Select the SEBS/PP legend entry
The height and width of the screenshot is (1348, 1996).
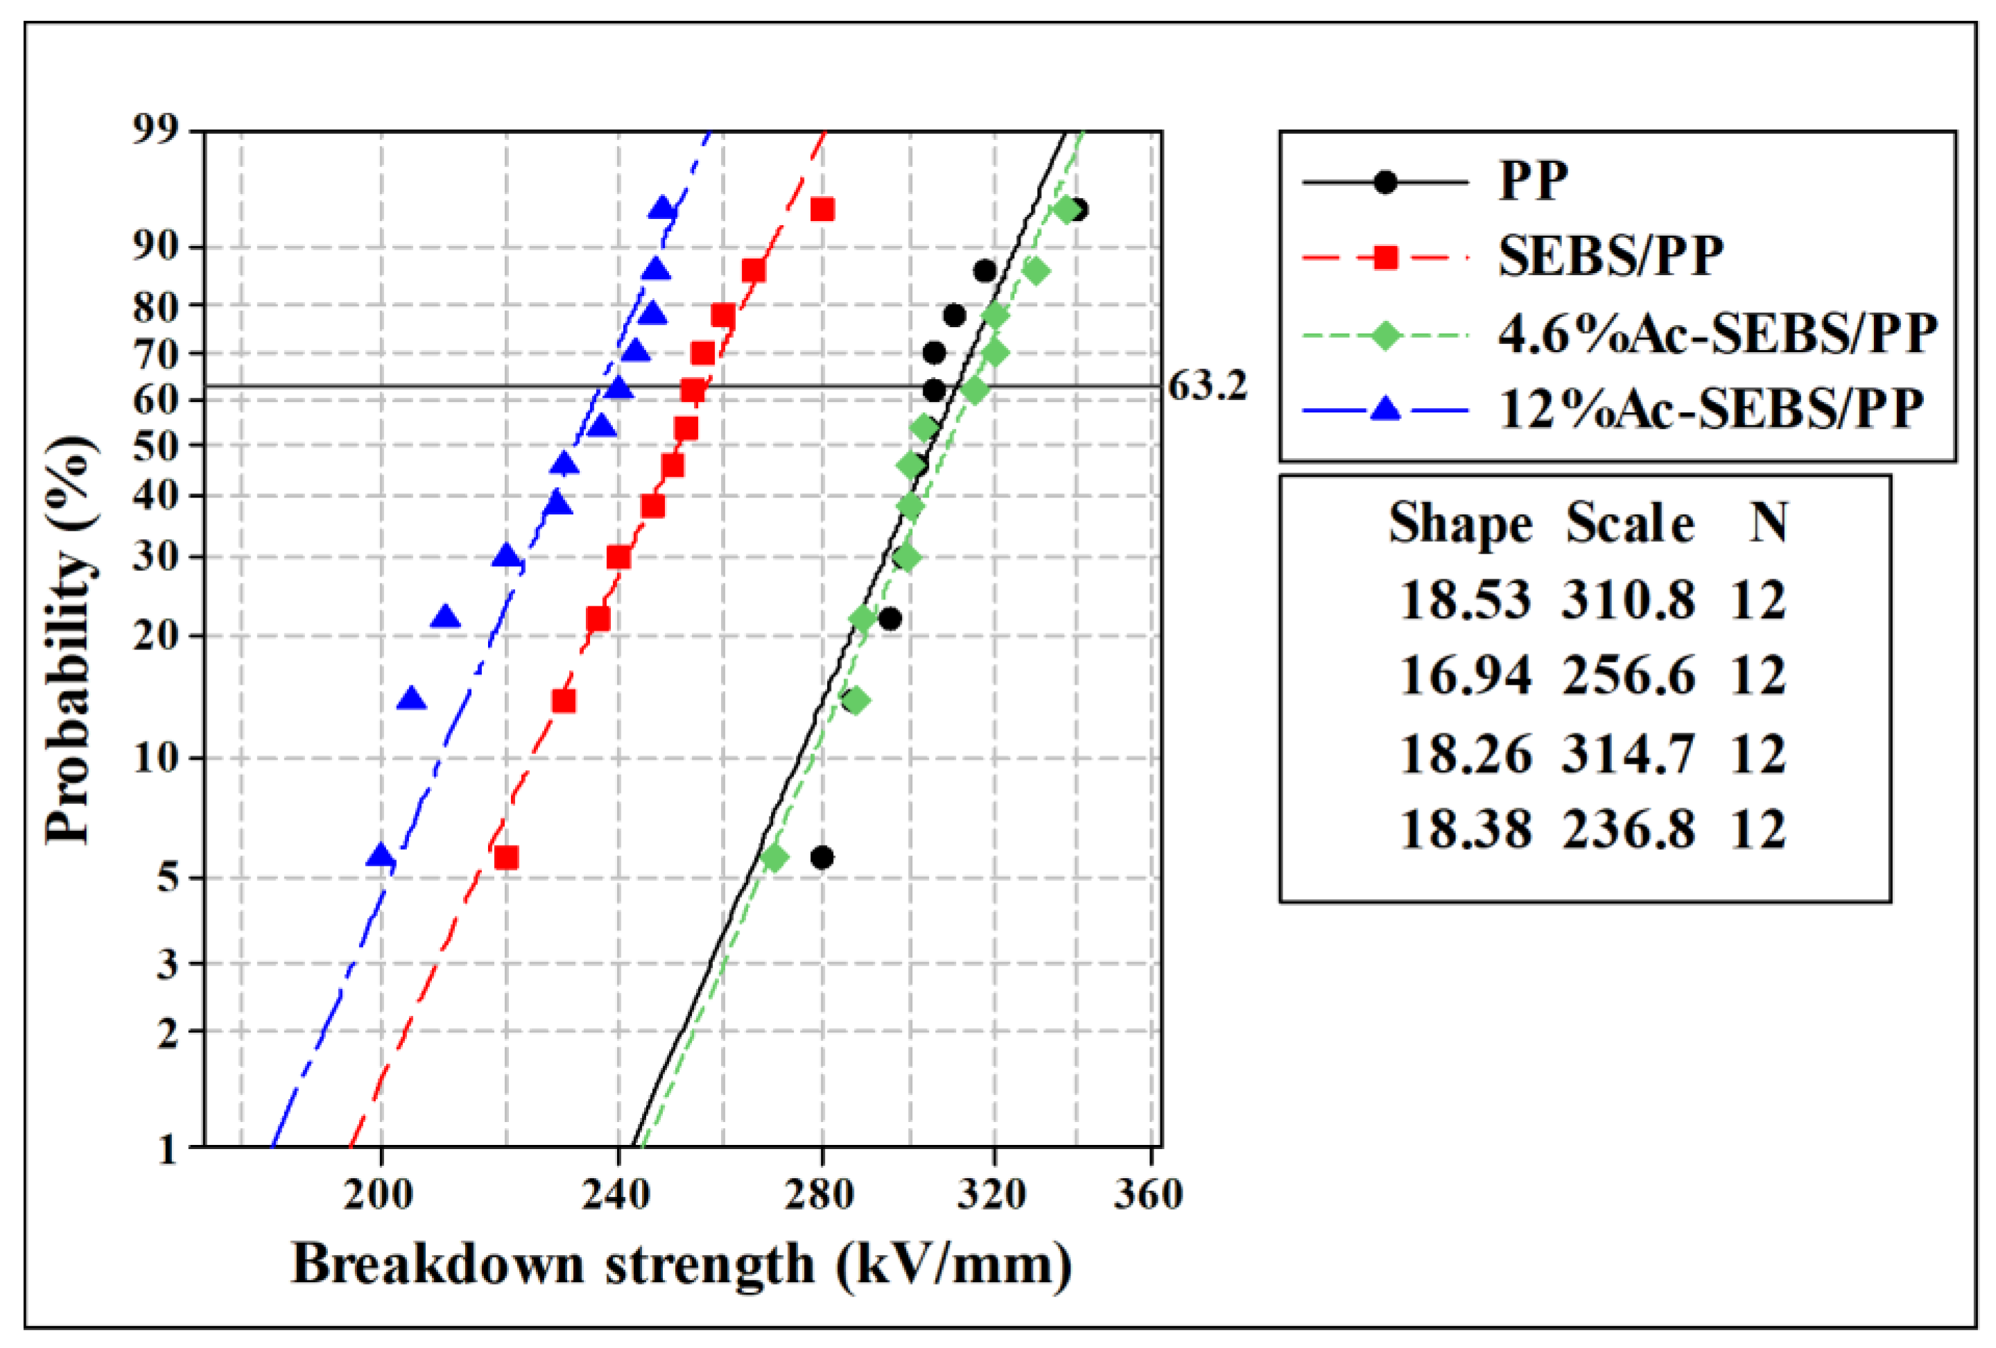click(x=1610, y=256)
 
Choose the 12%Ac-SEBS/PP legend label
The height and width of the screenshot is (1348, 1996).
click(x=1710, y=409)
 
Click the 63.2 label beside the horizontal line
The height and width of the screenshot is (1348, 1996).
click(x=1207, y=386)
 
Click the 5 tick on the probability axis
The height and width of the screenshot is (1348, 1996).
click(x=168, y=877)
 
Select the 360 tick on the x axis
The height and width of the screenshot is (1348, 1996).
click(x=1148, y=1193)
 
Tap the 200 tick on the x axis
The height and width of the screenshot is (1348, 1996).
click(x=379, y=1193)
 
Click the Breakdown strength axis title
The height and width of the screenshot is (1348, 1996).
click(x=682, y=1265)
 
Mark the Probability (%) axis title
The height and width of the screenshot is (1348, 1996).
click(x=69, y=640)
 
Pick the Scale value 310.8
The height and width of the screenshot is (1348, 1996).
click(x=1628, y=599)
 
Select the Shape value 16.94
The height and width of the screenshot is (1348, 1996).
click(x=1465, y=676)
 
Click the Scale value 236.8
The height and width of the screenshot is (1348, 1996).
click(x=1628, y=830)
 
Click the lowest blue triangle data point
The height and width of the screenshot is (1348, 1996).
click(x=381, y=855)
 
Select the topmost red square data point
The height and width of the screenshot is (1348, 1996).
click(x=822, y=209)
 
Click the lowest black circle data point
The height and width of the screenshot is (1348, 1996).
click(x=822, y=857)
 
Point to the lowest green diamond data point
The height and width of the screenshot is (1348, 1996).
click(x=774, y=857)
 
